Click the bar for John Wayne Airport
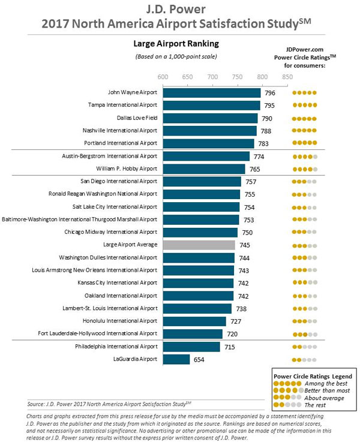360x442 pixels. point(211,92)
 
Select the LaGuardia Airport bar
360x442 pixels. point(176,359)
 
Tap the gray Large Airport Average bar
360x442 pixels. point(199,245)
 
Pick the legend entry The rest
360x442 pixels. point(319,405)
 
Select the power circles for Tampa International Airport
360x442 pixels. point(304,106)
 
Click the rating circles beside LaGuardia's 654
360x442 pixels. point(304,359)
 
